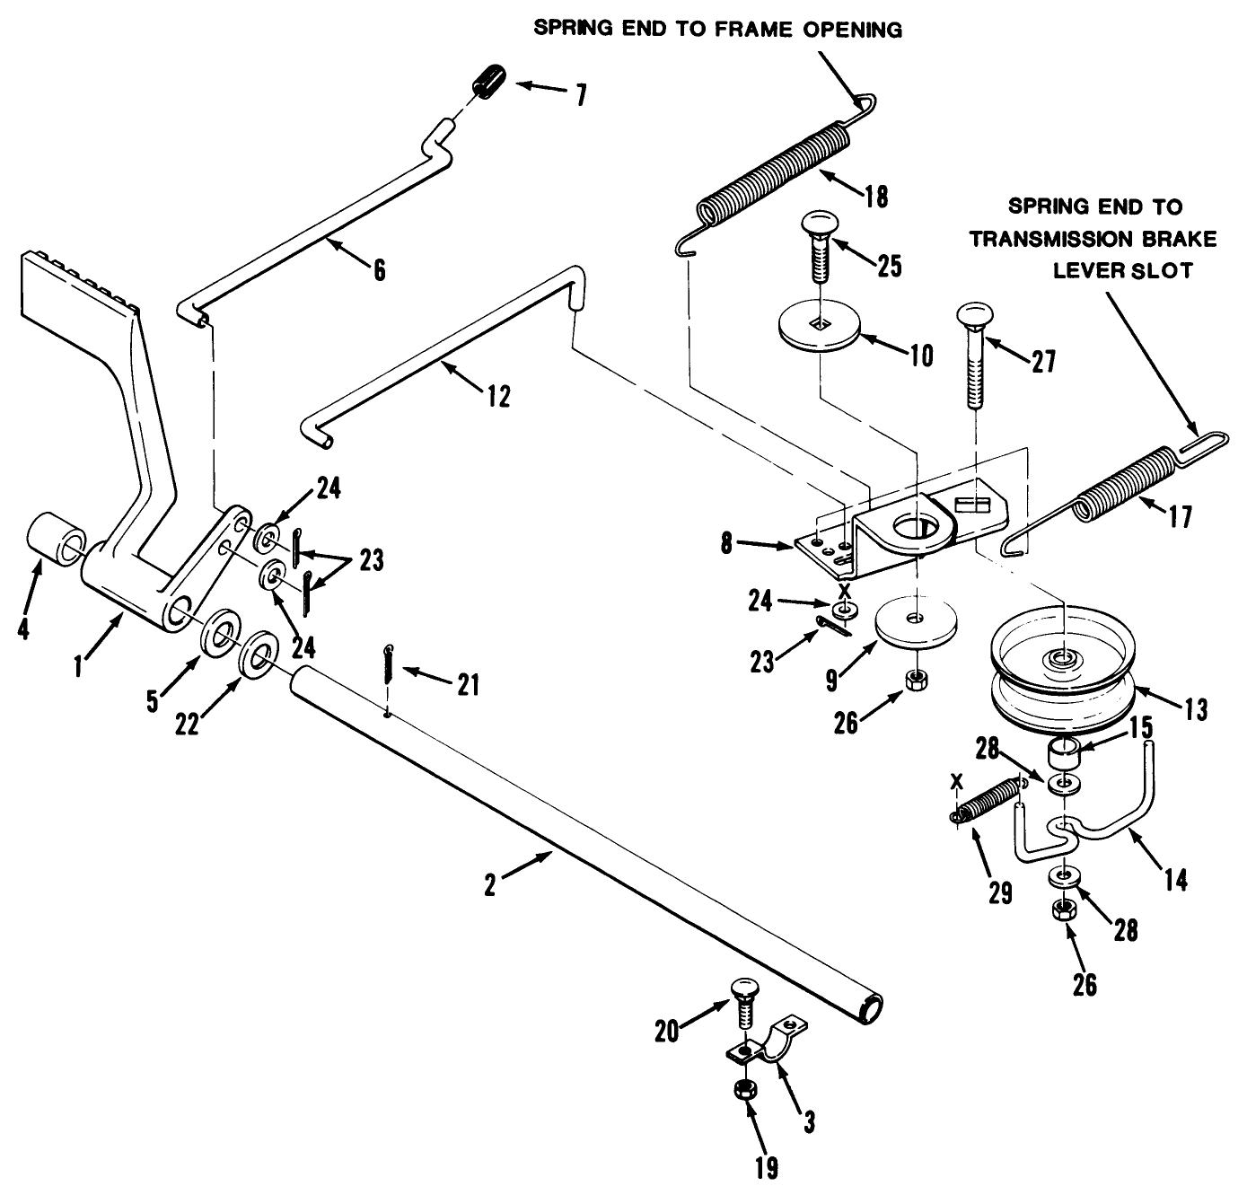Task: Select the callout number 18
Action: click(876, 197)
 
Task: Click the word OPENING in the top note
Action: click(848, 30)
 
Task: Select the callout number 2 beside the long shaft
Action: click(489, 885)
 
